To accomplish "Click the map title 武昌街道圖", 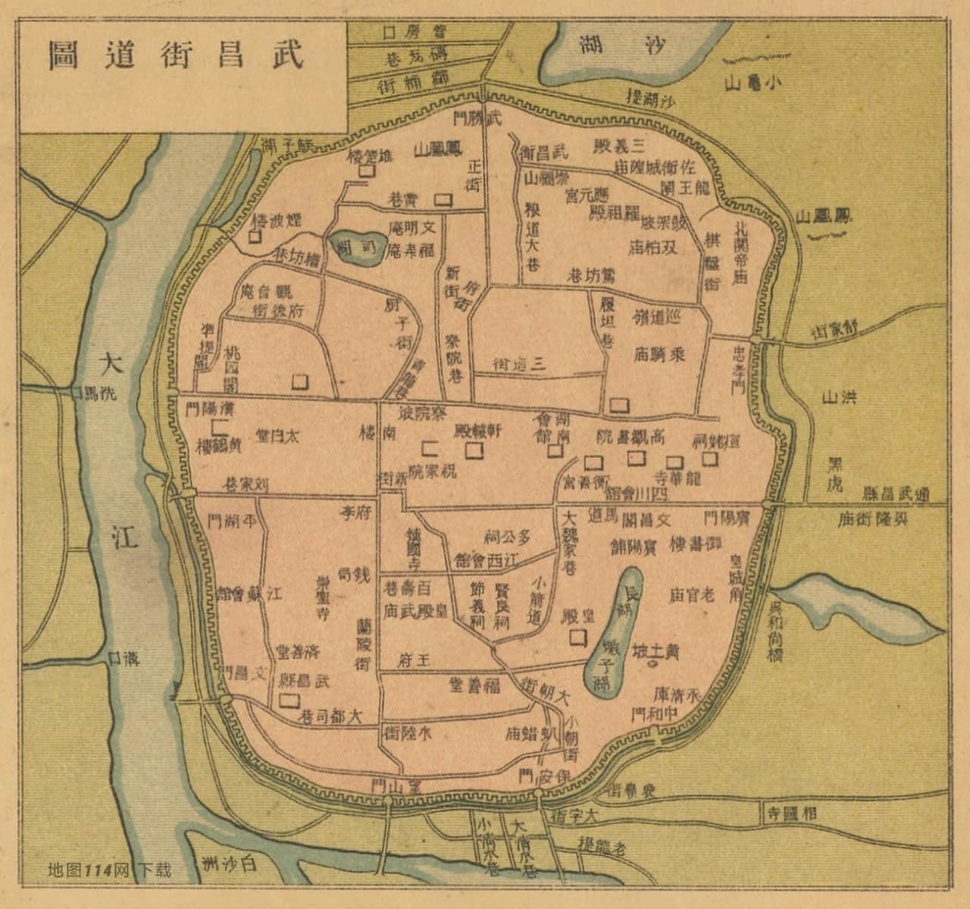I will click(x=175, y=55).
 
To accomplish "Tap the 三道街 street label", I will click(x=519, y=363).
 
